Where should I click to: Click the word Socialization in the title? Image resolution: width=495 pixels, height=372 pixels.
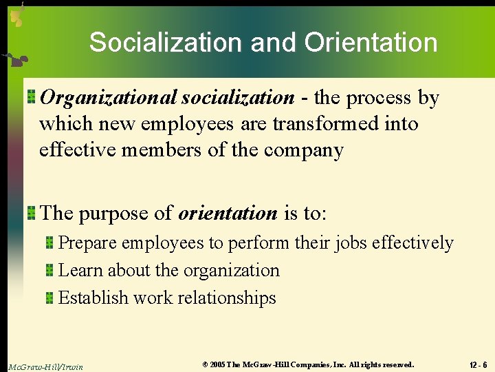pos(165,43)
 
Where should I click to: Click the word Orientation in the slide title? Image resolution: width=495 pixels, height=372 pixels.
pos(371,43)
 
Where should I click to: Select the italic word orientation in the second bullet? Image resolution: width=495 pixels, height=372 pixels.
pos(228,213)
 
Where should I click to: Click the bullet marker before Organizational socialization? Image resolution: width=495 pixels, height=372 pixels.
pos(32,97)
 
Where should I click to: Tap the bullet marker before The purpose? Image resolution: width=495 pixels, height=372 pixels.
pos(32,212)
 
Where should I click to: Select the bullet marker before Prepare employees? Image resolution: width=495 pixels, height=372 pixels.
pos(50,242)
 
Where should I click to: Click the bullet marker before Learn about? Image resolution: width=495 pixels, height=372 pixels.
pos(50,270)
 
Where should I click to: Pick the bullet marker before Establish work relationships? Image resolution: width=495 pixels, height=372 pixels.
pos(50,298)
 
